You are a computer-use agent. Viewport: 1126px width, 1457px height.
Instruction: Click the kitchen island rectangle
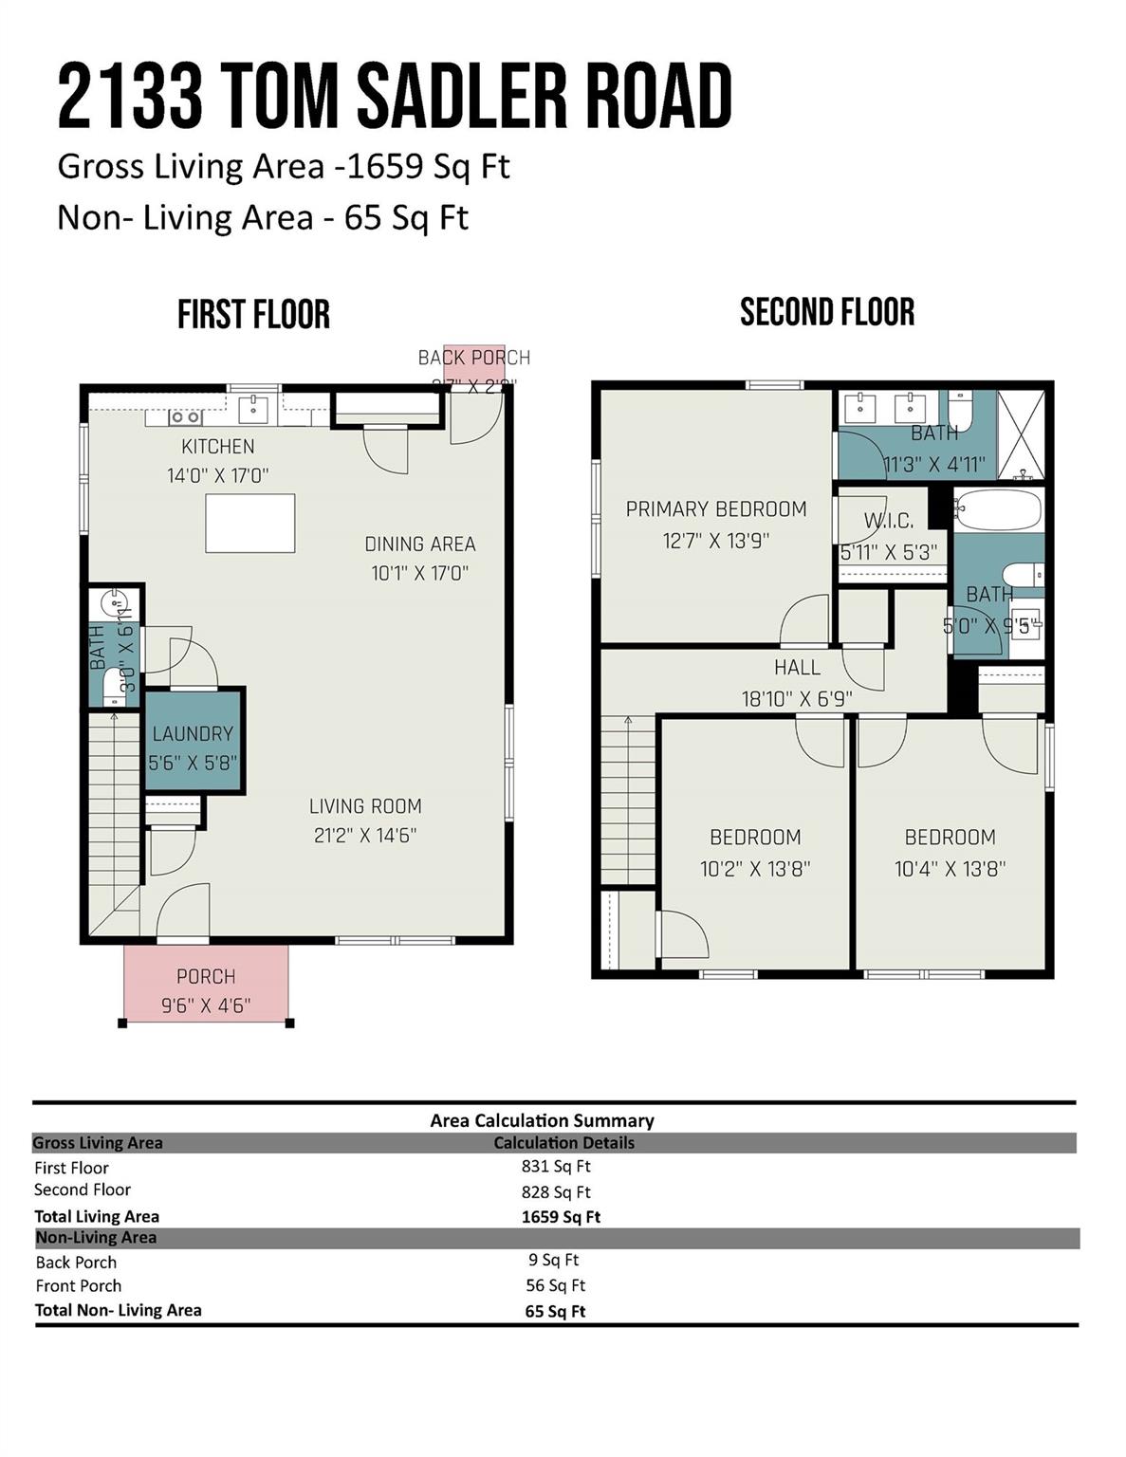[x=250, y=523]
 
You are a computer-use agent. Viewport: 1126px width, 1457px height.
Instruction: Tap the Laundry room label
[x=193, y=733]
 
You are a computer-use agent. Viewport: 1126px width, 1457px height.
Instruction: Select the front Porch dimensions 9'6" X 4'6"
[x=206, y=1005]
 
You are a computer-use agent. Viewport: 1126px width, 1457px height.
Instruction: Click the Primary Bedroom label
[x=716, y=509]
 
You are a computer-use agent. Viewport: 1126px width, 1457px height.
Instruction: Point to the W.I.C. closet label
[x=889, y=521]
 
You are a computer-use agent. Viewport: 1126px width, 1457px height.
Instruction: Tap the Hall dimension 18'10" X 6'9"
[x=797, y=699]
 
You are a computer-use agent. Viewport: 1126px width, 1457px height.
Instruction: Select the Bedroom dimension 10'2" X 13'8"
[x=755, y=868]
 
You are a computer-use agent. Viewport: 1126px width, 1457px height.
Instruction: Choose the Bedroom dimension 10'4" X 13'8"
[x=950, y=868]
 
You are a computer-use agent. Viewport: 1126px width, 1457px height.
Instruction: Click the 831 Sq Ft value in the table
[x=556, y=1167]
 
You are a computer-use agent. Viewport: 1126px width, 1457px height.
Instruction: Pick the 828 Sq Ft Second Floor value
[x=556, y=1192]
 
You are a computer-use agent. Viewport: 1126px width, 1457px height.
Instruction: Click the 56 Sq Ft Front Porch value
[x=556, y=1285]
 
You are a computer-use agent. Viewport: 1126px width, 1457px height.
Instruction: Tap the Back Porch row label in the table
[x=76, y=1262]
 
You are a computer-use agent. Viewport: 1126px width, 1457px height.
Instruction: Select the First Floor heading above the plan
[x=253, y=315]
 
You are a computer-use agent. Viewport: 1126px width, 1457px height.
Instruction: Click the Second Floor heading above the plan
[x=827, y=312]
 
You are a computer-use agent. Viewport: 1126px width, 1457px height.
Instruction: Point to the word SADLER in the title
[x=461, y=97]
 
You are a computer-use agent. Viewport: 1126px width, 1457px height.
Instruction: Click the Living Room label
[x=365, y=806]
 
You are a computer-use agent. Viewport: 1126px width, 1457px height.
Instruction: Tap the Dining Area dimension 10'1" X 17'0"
[x=419, y=573]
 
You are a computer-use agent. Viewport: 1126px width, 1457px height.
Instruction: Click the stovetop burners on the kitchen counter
[x=185, y=416]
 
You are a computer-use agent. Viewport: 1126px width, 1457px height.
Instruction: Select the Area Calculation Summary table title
[x=542, y=1120]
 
